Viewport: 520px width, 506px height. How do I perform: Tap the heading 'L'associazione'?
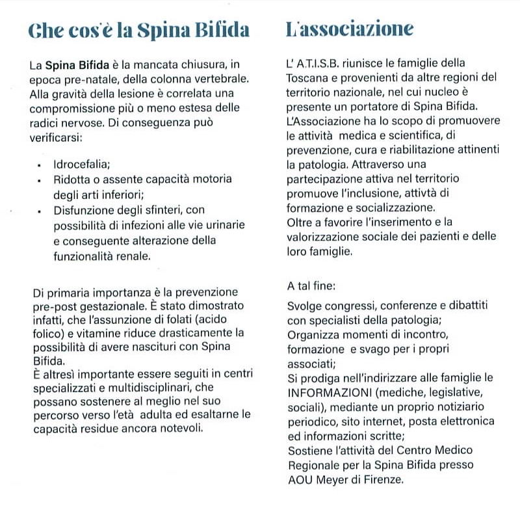click(x=350, y=29)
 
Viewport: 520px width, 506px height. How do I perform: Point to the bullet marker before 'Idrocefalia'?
click(x=40, y=166)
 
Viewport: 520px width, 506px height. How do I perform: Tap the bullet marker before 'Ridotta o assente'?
click(x=40, y=180)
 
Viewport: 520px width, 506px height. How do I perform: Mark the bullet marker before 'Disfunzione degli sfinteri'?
click(x=40, y=210)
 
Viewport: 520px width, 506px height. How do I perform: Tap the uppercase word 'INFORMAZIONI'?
click(x=326, y=393)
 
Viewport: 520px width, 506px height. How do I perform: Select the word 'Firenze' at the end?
click(x=383, y=481)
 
